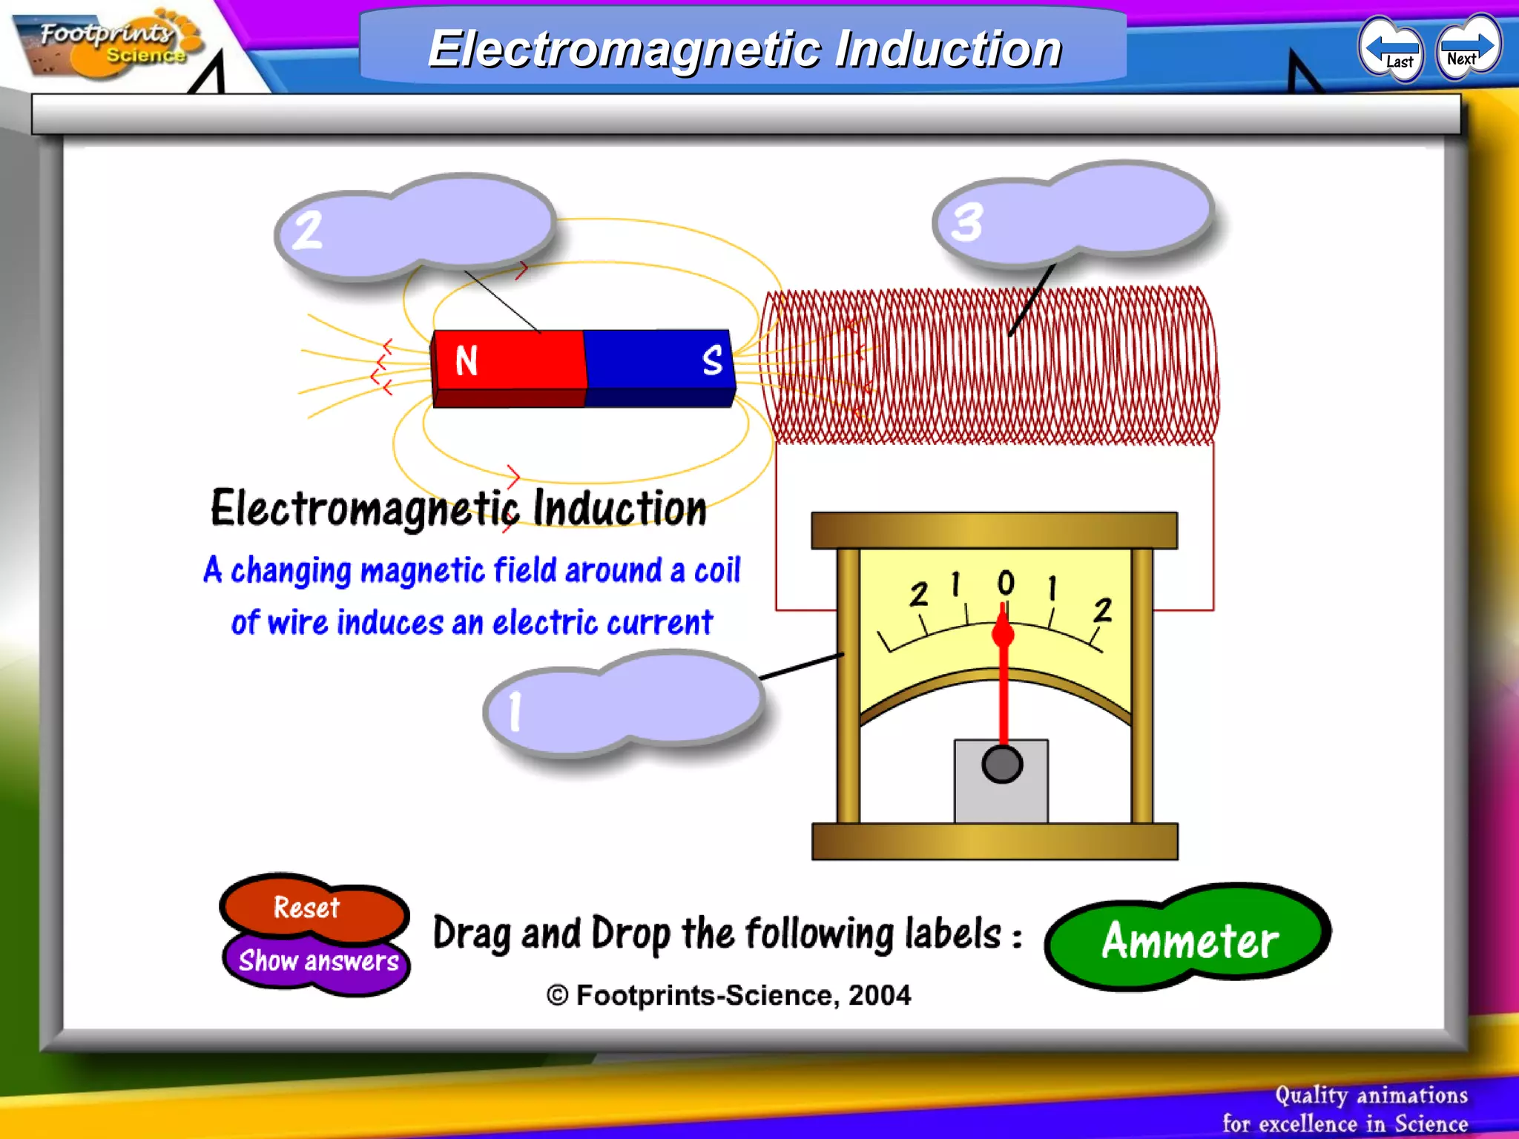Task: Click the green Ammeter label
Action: [1188, 939]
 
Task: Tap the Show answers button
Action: [318, 961]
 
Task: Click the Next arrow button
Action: [1467, 49]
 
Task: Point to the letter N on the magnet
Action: [467, 361]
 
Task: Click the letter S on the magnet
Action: [712, 360]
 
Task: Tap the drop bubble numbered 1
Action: [623, 704]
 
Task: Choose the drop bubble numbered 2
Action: [415, 226]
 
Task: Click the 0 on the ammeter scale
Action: [1006, 583]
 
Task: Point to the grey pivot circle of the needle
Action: [1002, 765]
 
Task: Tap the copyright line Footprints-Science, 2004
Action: [729, 995]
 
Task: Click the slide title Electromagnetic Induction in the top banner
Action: [745, 49]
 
